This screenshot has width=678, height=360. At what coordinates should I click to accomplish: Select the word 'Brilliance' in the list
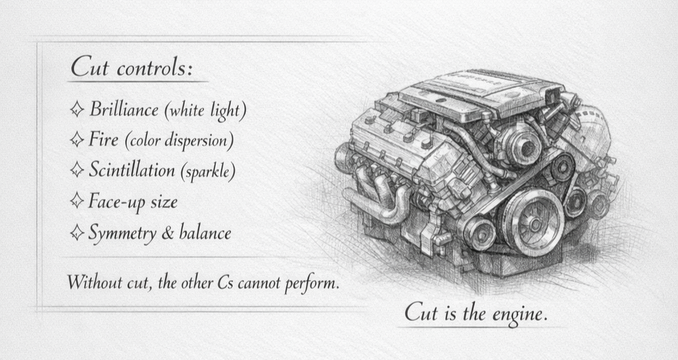click(x=125, y=109)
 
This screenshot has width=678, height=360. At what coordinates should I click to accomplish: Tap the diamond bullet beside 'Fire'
click(x=76, y=140)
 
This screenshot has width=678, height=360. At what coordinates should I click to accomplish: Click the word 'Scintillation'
click(x=132, y=170)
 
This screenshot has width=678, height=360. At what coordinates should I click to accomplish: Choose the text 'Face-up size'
click(x=132, y=201)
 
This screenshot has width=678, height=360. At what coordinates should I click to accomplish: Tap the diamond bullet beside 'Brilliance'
click(x=76, y=109)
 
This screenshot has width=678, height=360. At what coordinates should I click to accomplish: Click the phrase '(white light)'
click(x=205, y=111)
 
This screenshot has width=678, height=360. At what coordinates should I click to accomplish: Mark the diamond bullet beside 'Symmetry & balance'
click(x=76, y=232)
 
